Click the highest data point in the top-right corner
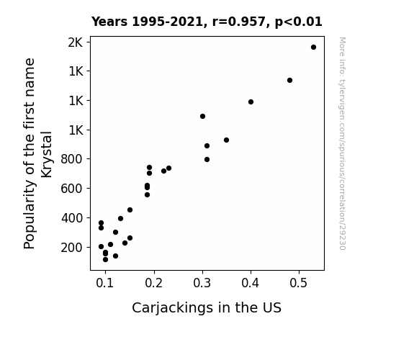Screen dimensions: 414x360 [313, 48]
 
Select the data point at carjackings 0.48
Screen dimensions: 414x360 [289, 81]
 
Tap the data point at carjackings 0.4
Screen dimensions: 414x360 [251, 102]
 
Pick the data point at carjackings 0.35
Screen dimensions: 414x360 [226, 140]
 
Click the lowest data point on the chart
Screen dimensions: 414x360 [105, 260]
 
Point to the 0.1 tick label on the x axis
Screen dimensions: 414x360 [105, 283]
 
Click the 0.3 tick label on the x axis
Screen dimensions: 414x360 [202, 283]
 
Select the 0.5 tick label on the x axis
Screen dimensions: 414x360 [299, 283]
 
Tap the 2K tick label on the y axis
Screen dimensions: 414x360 [76, 42]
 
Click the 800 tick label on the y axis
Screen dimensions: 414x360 [72, 159]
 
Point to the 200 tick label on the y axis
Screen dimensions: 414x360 [72, 248]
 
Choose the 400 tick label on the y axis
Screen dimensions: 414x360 [72, 218]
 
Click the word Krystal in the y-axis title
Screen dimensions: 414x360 [47, 155]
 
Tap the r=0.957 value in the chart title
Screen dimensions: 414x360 [239, 22]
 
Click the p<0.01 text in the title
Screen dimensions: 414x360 [298, 22]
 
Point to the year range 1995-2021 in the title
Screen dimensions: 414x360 [167, 22]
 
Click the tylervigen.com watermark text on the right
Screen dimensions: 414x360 [342, 143]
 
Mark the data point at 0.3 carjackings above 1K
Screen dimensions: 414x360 [202, 116]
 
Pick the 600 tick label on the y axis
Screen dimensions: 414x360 [72, 189]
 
